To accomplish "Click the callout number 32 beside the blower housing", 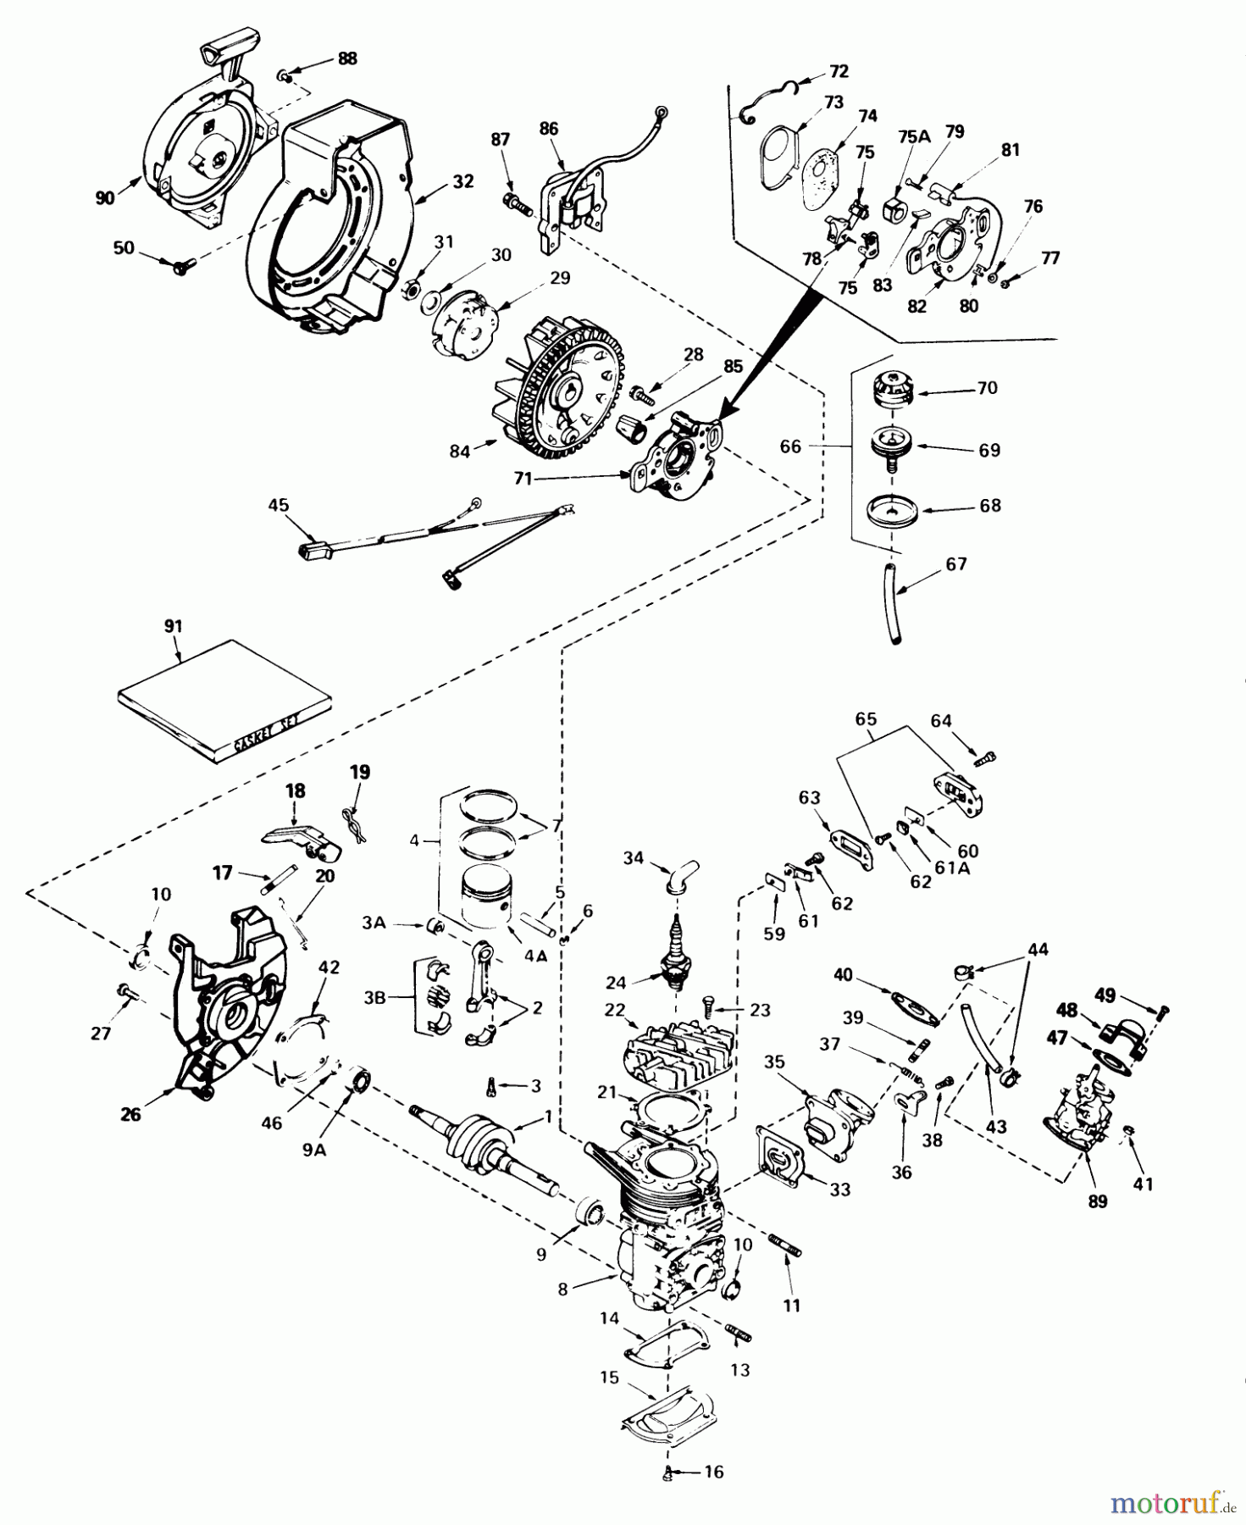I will (x=462, y=181).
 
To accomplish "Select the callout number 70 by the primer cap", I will (x=987, y=388).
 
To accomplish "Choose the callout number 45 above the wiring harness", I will (x=278, y=505).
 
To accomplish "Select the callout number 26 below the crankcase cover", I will (x=130, y=1115).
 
